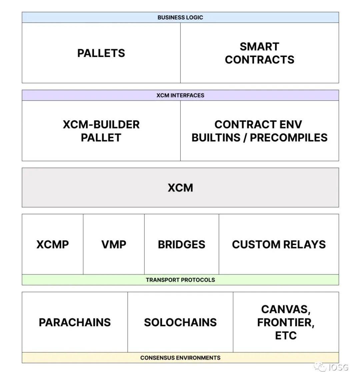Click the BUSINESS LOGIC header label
pyautogui.click(x=180, y=17)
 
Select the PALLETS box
pyautogui.click(x=101, y=53)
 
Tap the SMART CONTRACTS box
pyautogui.click(x=259, y=53)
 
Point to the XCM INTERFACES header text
pyautogui.click(x=180, y=95)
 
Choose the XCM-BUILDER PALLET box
pyautogui.click(x=101, y=131)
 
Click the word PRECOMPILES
pyautogui.click(x=289, y=137)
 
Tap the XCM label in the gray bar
pyautogui.click(x=180, y=188)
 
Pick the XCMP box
pyautogui.click(x=53, y=244)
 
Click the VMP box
pyautogui.click(x=114, y=244)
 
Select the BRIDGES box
pyautogui.click(x=181, y=244)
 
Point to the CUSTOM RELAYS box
pyautogui.click(x=279, y=244)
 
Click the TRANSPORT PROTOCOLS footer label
pyautogui.click(x=180, y=280)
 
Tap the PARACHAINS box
pyautogui.click(x=75, y=322)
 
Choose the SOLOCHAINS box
pyautogui.click(x=180, y=322)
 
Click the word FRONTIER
pyautogui.click(x=285, y=323)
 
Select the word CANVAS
pyautogui.click(x=285, y=310)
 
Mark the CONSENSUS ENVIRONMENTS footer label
pyautogui.click(x=180, y=358)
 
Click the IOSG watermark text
pyautogui.click(x=338, y=367)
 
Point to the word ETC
pyautogui.click(x=285, y=335)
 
